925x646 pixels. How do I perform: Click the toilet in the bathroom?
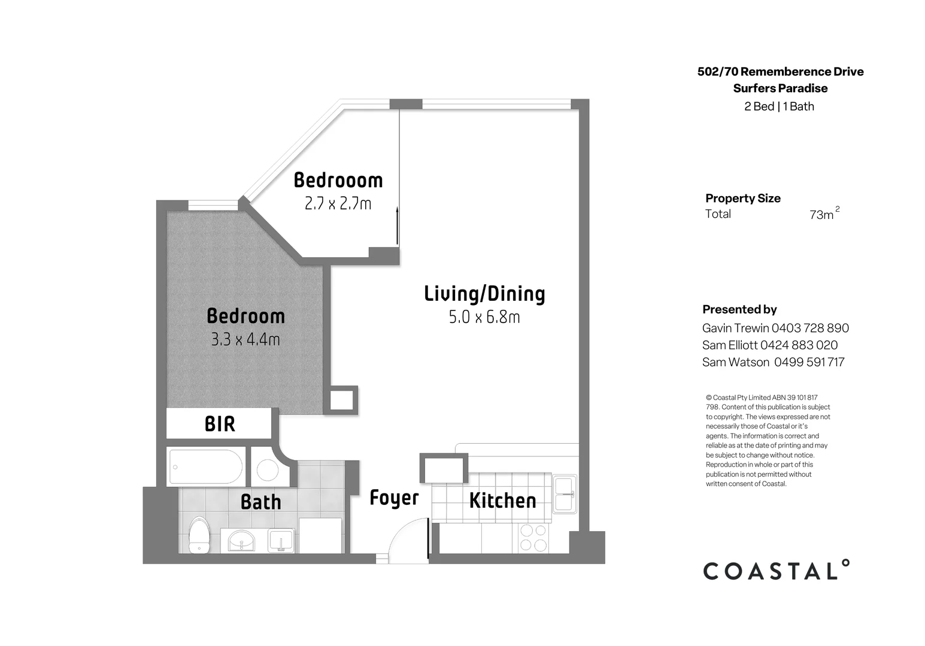tap(199, 535)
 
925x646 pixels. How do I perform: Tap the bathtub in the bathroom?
tap(206, 467)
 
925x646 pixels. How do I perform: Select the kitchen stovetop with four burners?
tap(533, 537)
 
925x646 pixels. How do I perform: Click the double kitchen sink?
tap(565, 494)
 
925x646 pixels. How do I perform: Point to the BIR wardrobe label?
tap(220, 424)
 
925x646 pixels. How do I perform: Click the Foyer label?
tap(394, 498)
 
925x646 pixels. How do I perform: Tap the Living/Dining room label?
tap(484, 294)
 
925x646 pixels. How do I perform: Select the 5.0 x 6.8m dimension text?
tap(484, 317)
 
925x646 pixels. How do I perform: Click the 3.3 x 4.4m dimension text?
tap(245, 340)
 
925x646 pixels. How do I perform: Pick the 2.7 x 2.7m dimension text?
tap(338, 204)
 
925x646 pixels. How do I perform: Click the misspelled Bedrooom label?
tap(338, 180)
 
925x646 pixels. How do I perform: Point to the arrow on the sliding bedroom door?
tap(397, 225)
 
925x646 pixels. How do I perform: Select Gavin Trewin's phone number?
tap(810, 328)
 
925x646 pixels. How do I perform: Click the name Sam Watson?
tap(735, 362)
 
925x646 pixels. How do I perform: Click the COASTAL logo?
tap(776, 571)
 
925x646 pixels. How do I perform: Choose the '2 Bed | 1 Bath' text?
tap(779, 106)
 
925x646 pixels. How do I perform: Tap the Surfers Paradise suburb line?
tap(780, 89)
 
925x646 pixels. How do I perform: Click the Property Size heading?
tap(742, 198)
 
